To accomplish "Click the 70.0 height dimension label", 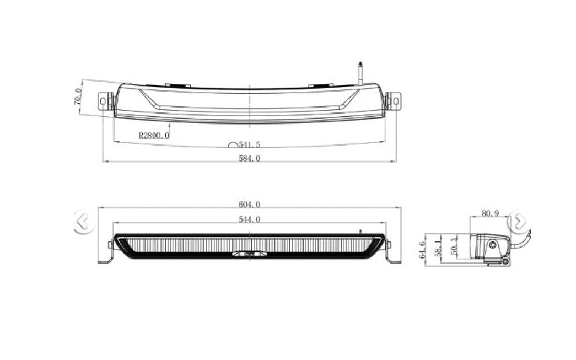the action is pos(78,96).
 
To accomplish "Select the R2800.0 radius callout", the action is pos(154,135).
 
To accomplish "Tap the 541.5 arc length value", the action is pos(250,144).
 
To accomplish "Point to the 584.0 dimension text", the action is pos(250,158).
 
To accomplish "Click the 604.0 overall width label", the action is pos(250,204).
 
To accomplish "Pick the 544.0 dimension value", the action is pos(250,219).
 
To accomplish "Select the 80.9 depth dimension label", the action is pos(490,213).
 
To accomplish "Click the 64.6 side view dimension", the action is pos(422,249).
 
